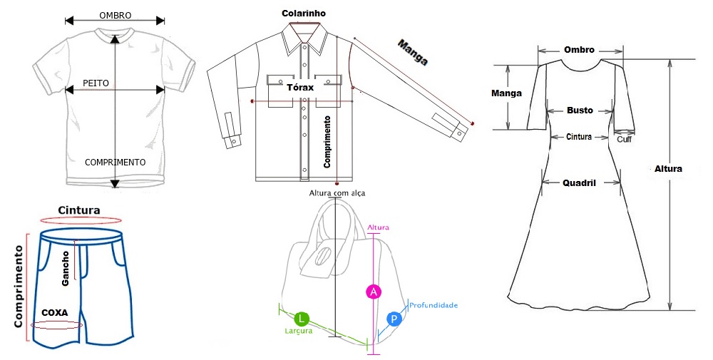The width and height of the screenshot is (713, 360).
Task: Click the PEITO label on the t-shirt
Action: click(96, 83)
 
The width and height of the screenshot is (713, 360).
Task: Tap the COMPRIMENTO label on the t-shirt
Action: click(115, 163)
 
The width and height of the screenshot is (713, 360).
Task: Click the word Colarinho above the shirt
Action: click(304, 13)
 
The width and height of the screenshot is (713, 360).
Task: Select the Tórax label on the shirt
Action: click(300, 88)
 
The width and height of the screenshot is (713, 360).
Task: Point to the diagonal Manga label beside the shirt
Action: click(413, 53)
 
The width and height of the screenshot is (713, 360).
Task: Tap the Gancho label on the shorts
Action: click(66, 268)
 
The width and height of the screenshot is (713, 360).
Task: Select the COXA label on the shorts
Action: click(55, 312)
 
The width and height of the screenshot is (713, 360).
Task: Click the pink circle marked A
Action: click(373, 291)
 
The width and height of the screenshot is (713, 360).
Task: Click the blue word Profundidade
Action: click(434, 305)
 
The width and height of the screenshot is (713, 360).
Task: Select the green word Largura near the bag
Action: click(298, 331)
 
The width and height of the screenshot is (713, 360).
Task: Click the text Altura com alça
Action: click(337, 193)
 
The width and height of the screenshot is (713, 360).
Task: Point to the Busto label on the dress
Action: click(580, 110)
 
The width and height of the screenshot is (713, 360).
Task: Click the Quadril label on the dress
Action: click(580, 182)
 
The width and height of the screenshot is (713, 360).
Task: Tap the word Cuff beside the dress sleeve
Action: click(624, 139)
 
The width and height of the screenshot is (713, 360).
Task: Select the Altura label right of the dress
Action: click(668, 169)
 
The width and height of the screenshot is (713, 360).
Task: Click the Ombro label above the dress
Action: click(579, 50)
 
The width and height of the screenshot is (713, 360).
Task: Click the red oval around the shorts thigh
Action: click(56, 325)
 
